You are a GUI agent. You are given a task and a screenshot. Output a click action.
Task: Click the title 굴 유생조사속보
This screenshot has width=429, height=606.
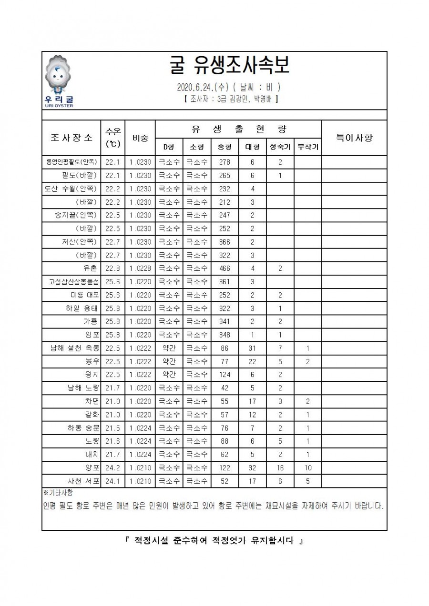click(229, 67)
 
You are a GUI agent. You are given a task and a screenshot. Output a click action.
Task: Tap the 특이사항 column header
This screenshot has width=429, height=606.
click(354, 138)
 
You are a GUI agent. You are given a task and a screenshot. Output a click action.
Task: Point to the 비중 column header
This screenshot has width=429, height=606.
click(140, 138)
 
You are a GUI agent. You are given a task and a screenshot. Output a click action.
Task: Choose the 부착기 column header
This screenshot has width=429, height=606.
click(307, 147)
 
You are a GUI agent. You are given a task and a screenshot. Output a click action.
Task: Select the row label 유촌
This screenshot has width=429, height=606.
click(91, 268)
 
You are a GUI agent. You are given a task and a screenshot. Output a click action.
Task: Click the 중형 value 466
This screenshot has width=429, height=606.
click(225, 268)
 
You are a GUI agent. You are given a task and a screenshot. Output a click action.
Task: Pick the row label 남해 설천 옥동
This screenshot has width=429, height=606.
click(75, 348)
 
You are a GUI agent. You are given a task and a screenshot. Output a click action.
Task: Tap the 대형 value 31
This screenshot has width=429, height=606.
click(252, 348)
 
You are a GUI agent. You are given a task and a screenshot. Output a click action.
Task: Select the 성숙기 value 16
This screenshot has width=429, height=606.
click(280, 468)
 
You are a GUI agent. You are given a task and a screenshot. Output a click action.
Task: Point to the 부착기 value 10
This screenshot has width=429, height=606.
click(307, 468)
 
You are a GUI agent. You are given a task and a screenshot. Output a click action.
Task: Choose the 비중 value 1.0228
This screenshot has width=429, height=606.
click(140, 268)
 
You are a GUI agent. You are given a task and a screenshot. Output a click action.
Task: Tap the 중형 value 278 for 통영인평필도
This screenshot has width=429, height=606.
click(225, 161)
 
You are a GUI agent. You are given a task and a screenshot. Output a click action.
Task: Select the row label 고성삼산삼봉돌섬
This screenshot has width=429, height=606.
click(73, 281)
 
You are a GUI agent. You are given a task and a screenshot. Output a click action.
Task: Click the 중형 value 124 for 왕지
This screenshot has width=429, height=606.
click(225, 375)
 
